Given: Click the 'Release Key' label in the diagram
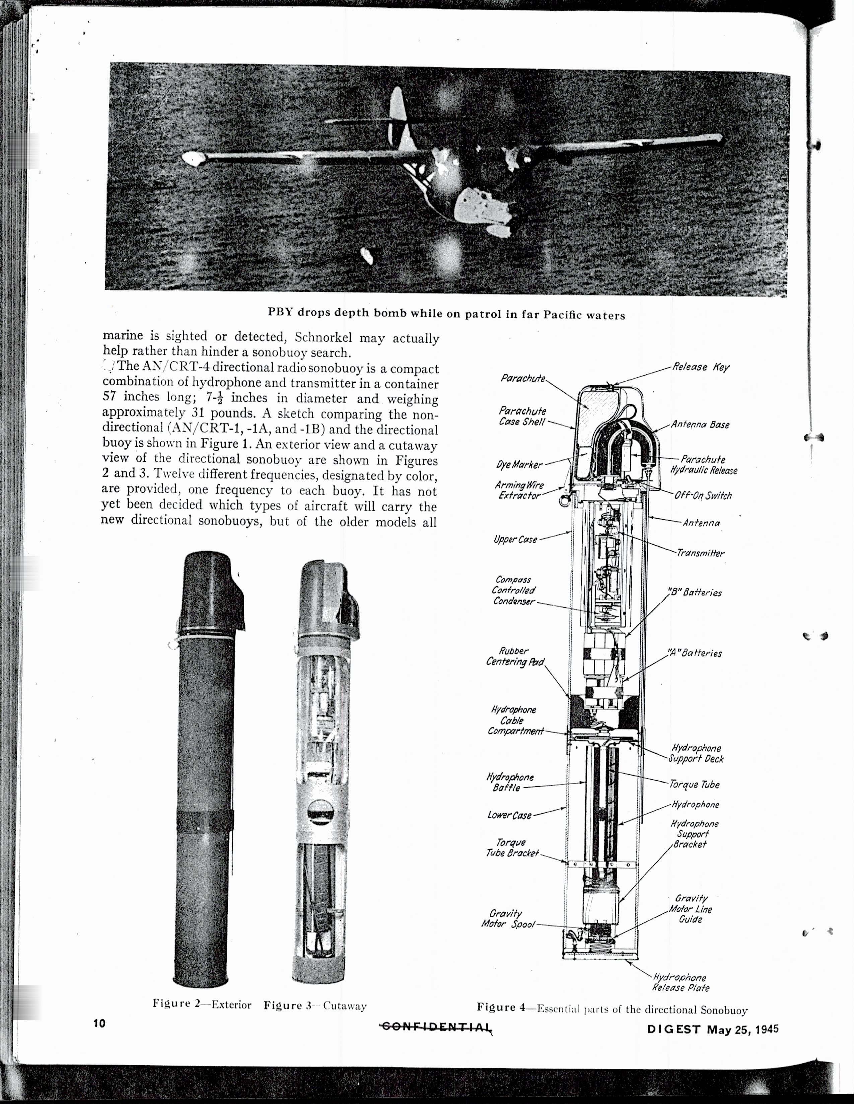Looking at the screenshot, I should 700,367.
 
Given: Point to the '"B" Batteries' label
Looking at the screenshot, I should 695,592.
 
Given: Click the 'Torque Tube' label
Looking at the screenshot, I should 694,784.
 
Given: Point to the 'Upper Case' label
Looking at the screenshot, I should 515,539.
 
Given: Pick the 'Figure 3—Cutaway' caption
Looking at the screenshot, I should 315,1005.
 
